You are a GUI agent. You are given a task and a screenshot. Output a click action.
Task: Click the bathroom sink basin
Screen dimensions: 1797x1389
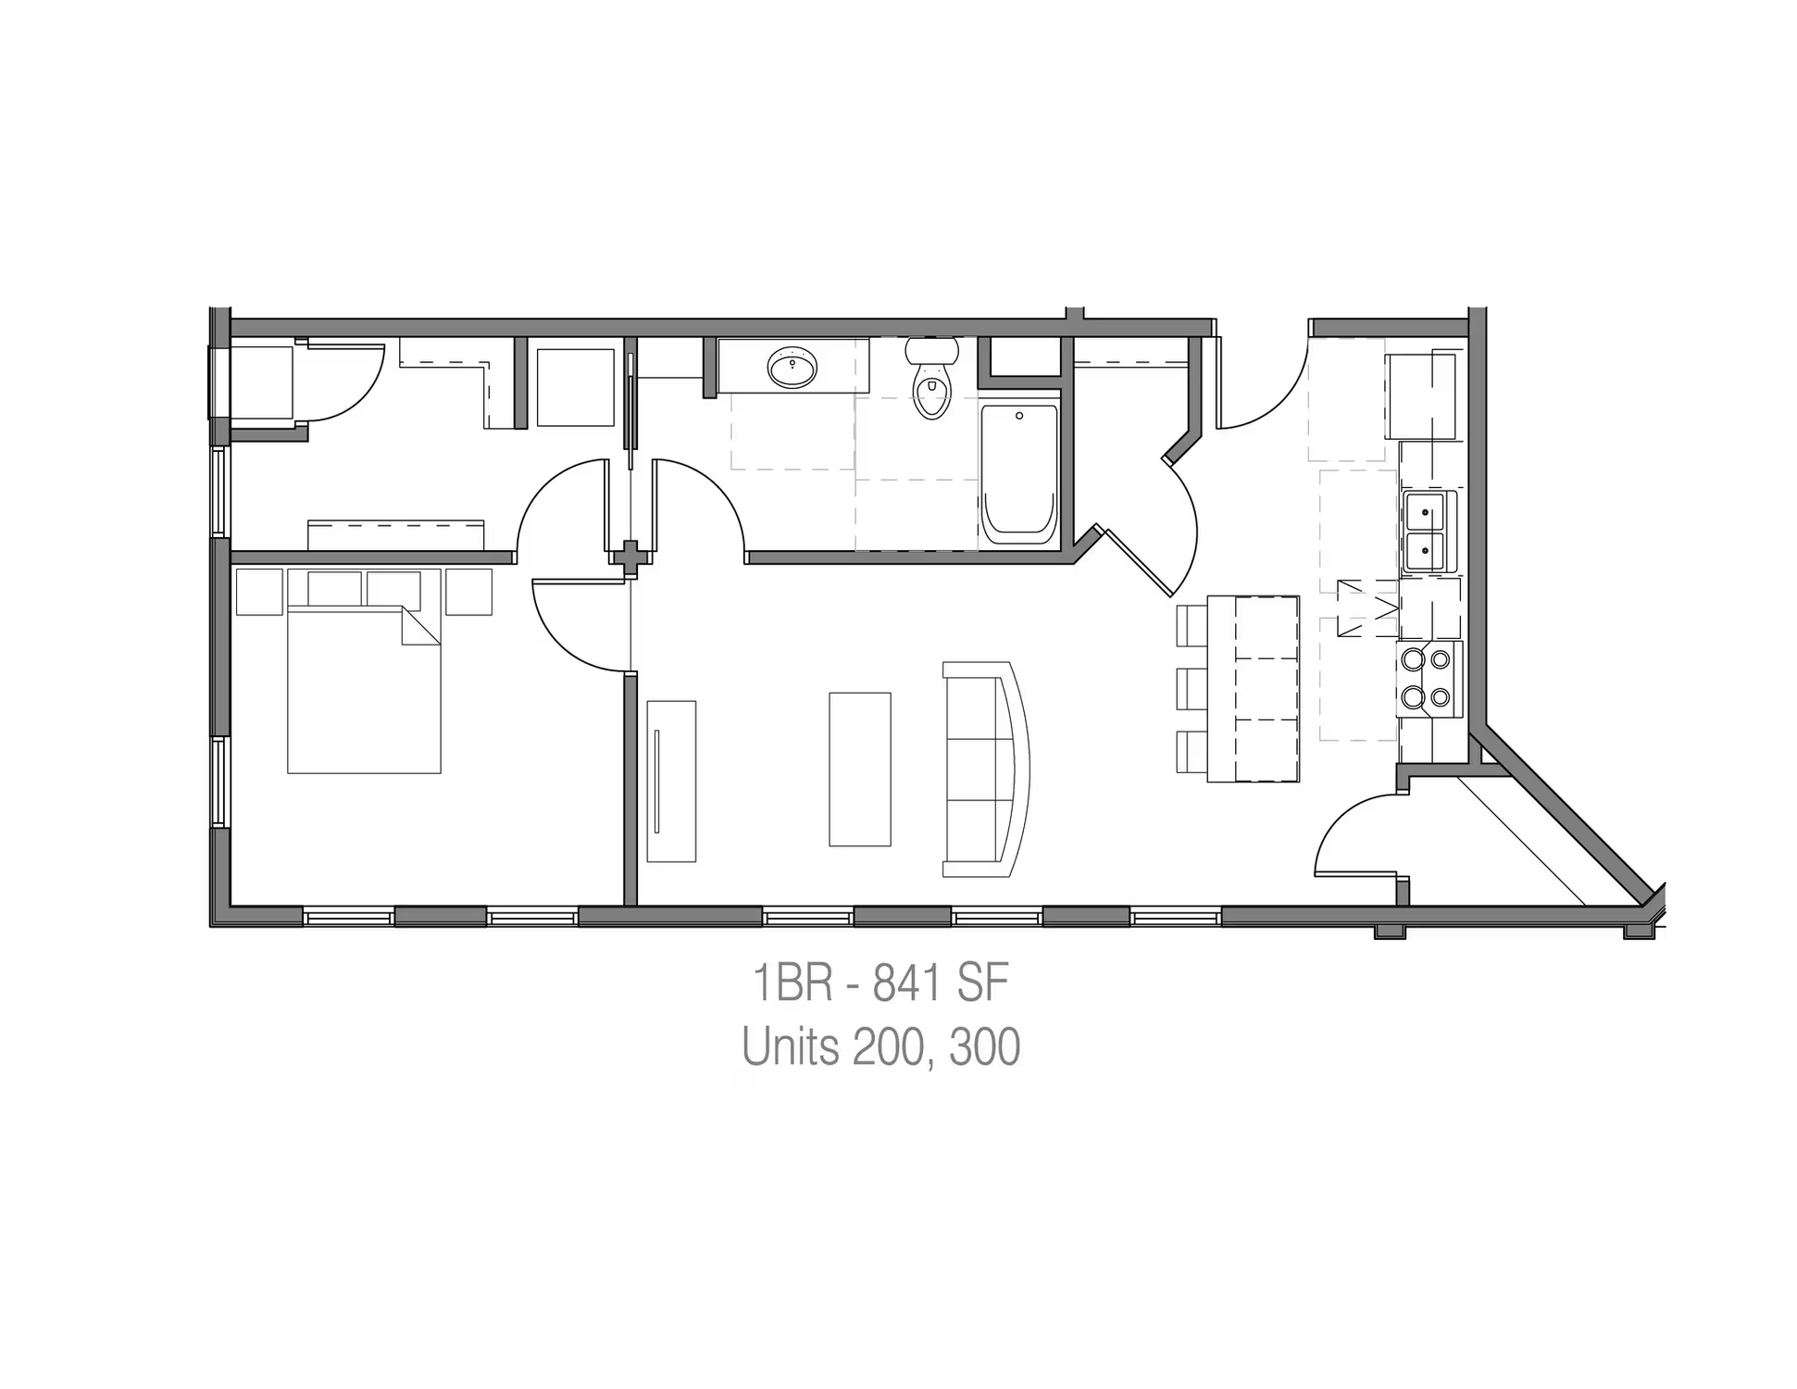pyautogui.click(x=792, y=368)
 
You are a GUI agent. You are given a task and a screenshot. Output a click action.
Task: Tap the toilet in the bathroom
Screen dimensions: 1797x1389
pyautogui.click(x=931, y=378)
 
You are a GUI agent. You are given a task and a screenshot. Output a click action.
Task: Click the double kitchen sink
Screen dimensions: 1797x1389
pyautogui.click(x=1428, y=532)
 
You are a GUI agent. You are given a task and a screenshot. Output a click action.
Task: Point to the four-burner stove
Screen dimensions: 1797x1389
pyautogui.click(x=1428, y=679)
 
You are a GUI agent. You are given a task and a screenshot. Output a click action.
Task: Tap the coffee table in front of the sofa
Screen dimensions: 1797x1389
pyautogui.click(x=859, y=769)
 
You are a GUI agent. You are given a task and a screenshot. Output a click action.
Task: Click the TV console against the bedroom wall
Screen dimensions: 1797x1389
pyautogui.click(x=671, y=782)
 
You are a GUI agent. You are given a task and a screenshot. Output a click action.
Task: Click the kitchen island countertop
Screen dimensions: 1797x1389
pyautogui.click(x=1254, y=689)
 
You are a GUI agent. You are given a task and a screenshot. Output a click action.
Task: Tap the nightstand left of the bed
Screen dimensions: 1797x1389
pyautogui.click(x=259, y=592)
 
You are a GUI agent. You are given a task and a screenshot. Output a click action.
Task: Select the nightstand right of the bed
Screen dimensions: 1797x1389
pyautogui.click(x=468, y=592)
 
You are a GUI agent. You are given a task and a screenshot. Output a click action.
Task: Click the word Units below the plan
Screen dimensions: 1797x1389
pyautogui.click(x=791, y=1046)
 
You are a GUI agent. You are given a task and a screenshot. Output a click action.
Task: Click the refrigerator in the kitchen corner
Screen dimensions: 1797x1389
pyautogui.click(x=1420, y=396)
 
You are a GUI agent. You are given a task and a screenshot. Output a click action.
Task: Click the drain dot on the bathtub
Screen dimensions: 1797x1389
pyautogui.click(x=1019, y=416)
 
